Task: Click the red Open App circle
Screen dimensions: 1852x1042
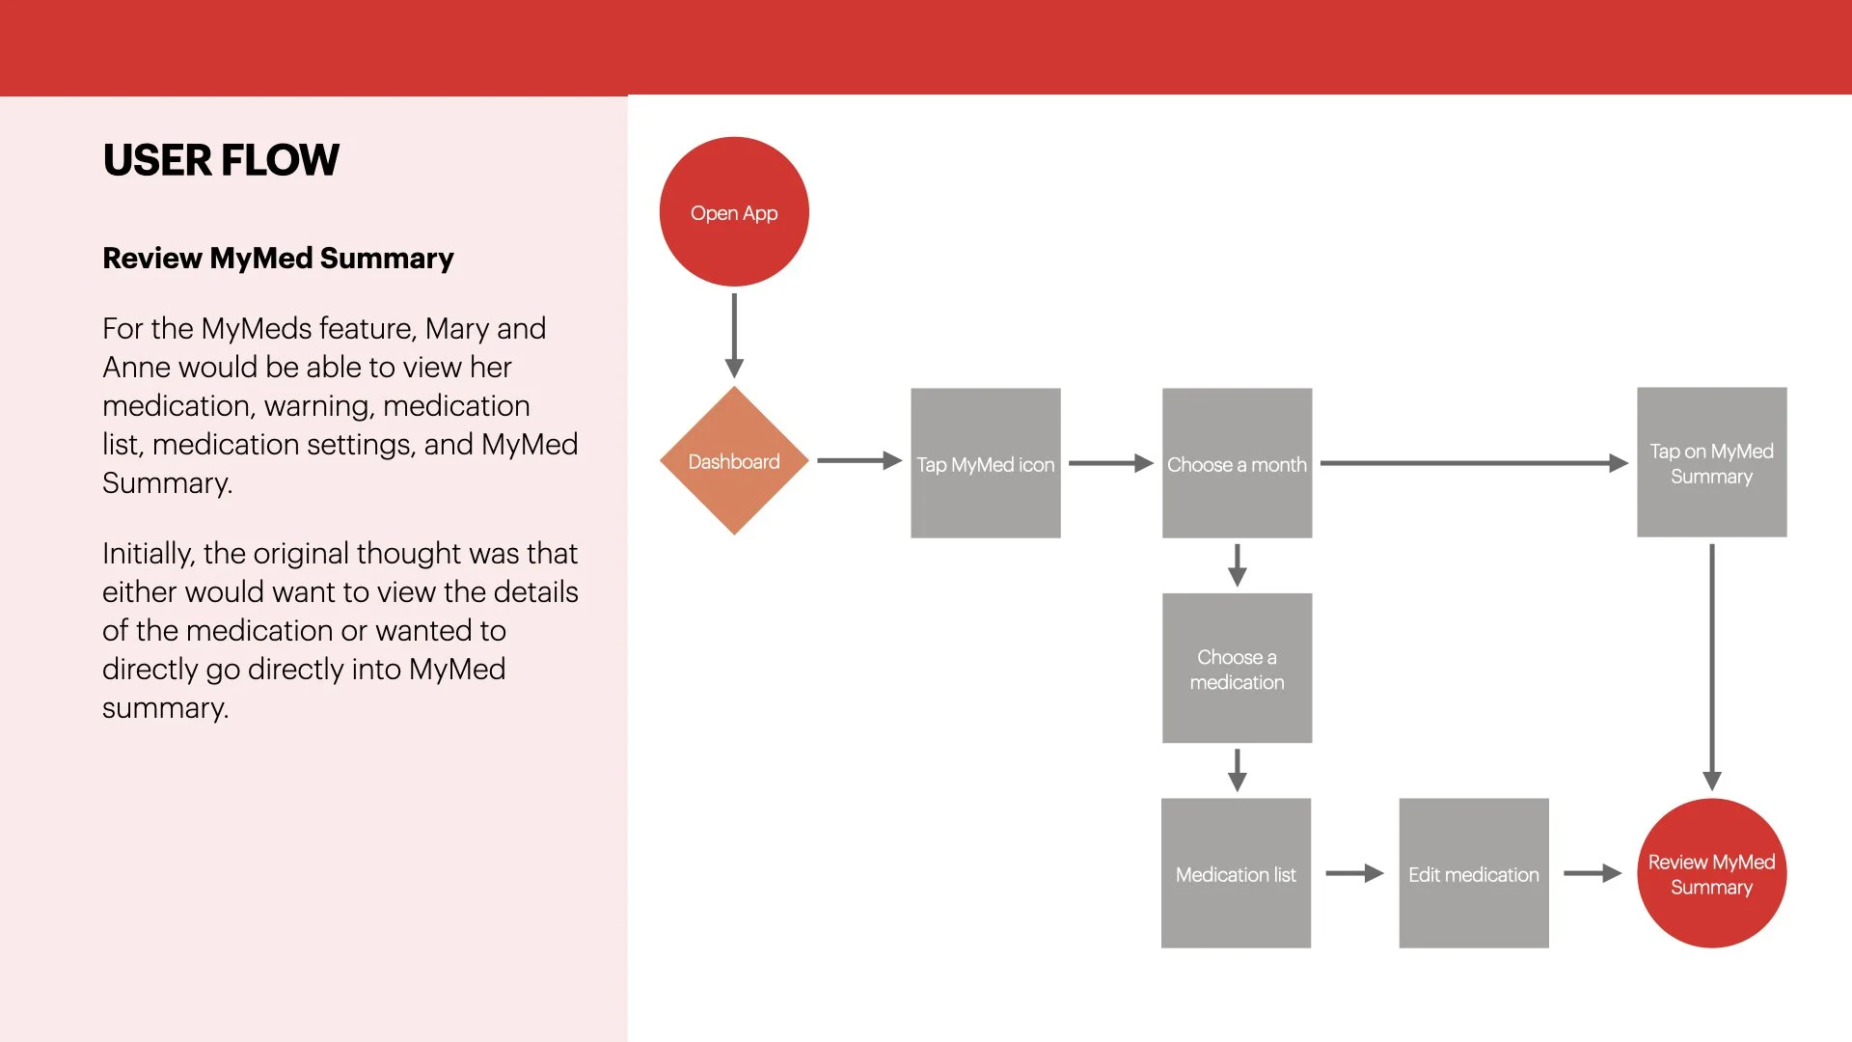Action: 734,212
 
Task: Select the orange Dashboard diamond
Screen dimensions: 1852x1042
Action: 734,461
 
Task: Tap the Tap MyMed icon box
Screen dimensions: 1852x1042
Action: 985,463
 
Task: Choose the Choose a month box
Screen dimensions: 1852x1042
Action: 1237,463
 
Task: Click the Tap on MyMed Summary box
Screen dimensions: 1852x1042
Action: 1711,463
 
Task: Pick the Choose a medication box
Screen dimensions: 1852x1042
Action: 1237,669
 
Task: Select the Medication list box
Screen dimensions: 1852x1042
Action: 1236,873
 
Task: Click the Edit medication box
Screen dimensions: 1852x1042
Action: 1473,873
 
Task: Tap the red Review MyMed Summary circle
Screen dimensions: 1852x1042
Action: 1711,873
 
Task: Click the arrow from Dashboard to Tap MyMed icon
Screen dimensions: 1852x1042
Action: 858,461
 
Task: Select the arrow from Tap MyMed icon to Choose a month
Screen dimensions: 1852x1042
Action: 1110,463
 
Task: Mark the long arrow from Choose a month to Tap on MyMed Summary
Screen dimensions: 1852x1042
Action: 1473,463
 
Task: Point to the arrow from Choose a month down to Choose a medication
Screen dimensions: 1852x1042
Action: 1238,565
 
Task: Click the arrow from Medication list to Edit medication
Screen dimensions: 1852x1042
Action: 1354,873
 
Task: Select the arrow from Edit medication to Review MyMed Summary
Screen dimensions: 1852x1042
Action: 1592,873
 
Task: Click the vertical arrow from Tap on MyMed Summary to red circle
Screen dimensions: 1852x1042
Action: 1712,667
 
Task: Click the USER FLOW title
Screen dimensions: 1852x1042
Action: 221,160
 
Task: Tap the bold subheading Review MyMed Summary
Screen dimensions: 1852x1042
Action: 278,259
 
